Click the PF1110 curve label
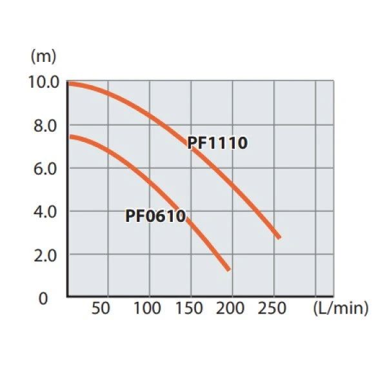[x=217, y=143]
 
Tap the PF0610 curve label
[x=156, y=216]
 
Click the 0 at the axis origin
[x=44, y=298]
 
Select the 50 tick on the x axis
[x=101, y=308]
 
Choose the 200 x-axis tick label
[x=230, y=308]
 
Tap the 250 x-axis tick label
[x=272, y=308]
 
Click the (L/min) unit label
[x=340, y=308]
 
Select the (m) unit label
[x=44, y=56]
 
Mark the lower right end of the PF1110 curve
[x=279, y=237]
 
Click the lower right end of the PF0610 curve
[x=228, y=269]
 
